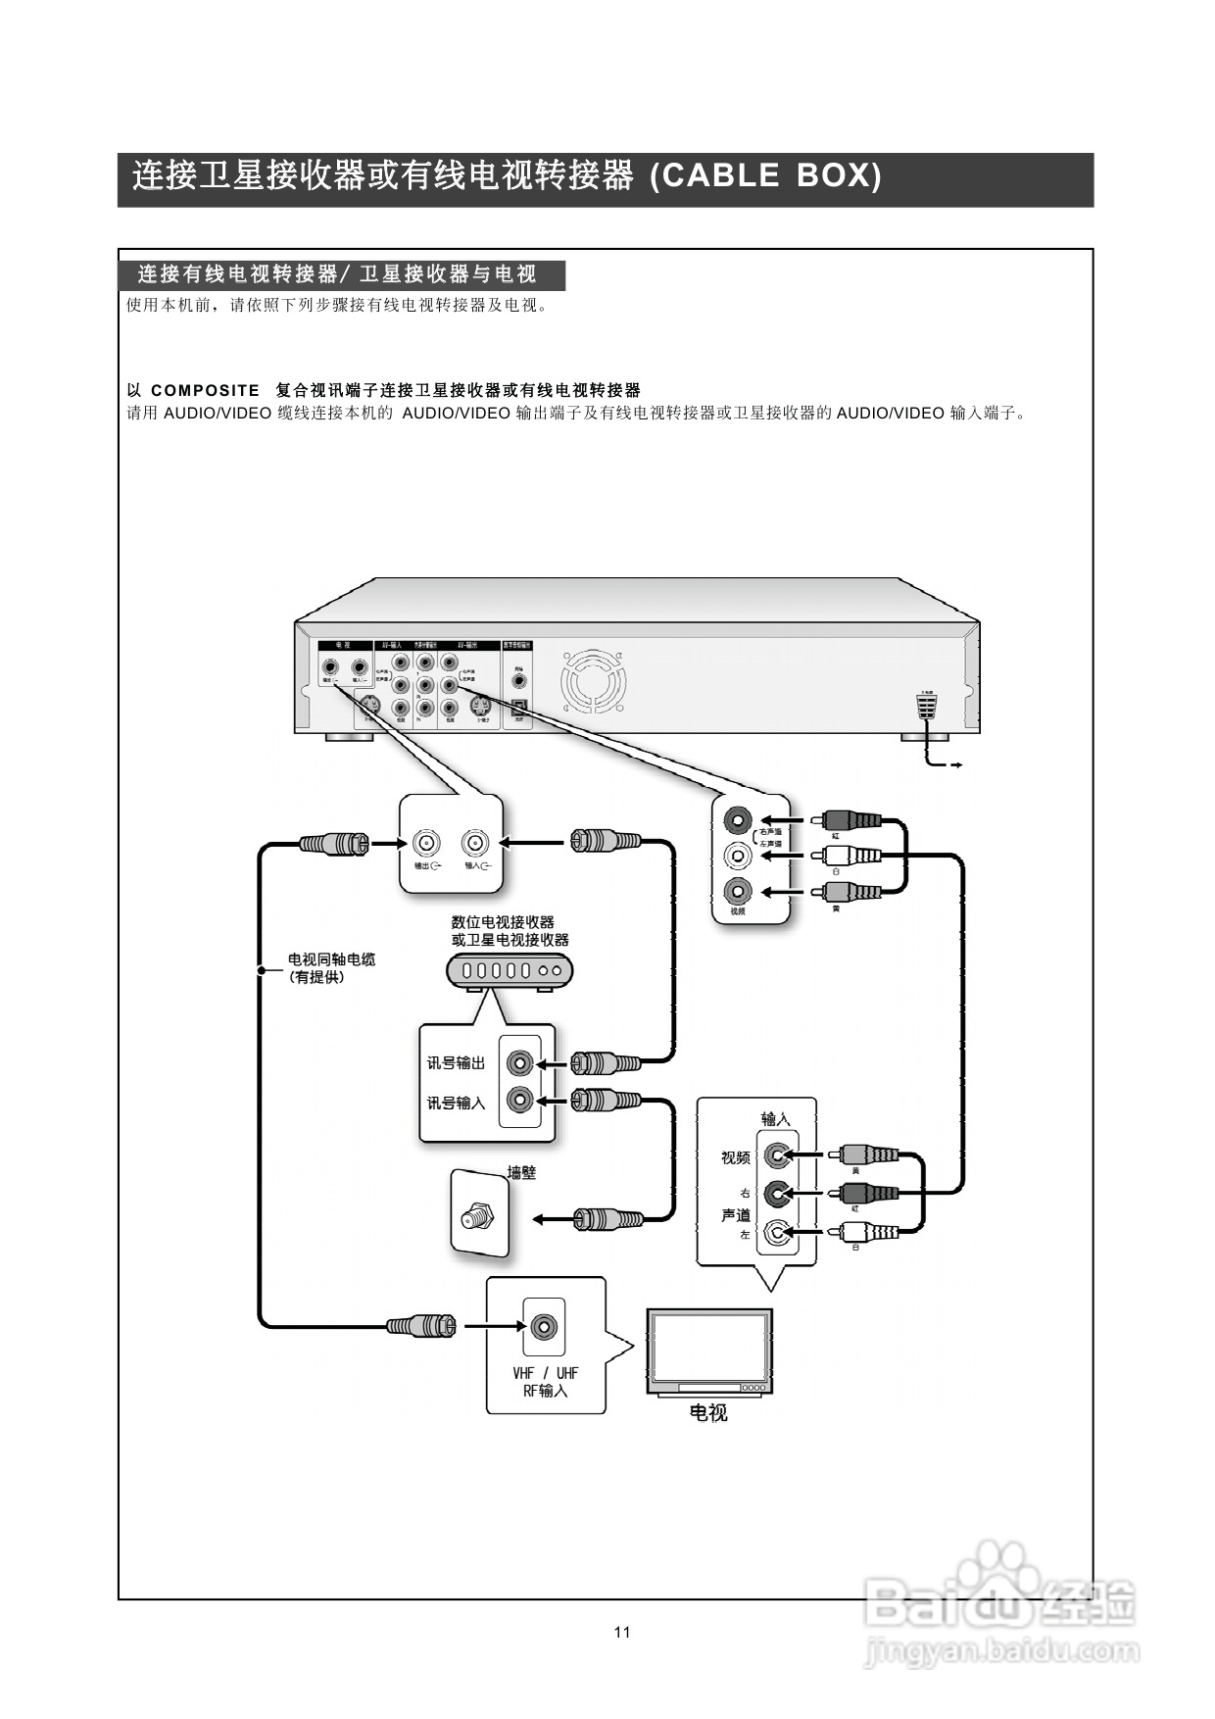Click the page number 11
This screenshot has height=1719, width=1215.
click(x=622, y=1632)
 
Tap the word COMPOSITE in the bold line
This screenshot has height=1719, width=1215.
click(x=206, y=390)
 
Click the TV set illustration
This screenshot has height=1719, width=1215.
click(x=709, y=1351)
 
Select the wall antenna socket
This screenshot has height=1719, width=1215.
click(x=476, y=1218)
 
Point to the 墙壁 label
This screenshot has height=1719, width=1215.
click(x=521, y=1172)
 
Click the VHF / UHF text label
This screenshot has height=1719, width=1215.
click(x=546, y=1373)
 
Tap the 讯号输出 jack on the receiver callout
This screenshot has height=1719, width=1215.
click(x=520, y=1062)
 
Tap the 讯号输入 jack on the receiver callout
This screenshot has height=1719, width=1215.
click(x=520, y=1101)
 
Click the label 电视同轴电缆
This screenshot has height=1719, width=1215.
click(x=331, y=959)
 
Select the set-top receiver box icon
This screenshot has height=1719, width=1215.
click(x=510, y=970)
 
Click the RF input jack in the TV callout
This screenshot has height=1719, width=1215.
click(x=545, y=1326)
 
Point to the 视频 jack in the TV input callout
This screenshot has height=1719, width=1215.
click(x=777, y=1156)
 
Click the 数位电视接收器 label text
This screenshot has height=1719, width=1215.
click(x=503, y=922)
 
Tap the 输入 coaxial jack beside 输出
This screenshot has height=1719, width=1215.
click(x=476, y=843)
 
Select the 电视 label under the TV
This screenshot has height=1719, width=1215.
click(x=708, y=1413)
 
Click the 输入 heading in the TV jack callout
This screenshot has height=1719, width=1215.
click(x=775, y=1118)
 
